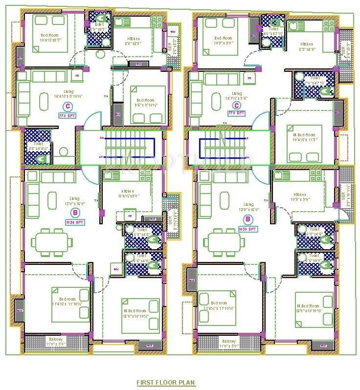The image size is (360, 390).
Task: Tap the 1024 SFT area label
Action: coord(74,222)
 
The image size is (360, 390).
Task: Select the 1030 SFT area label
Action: coord(248,229)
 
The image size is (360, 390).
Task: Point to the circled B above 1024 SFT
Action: coord(74,213)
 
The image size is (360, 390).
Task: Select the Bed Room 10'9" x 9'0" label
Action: coord(224,40)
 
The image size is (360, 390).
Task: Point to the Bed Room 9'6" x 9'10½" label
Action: coord(145,102)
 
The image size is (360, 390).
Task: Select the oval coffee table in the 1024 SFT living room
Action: coord(52,200)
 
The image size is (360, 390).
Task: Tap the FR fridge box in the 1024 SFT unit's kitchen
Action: coord(130,216)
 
